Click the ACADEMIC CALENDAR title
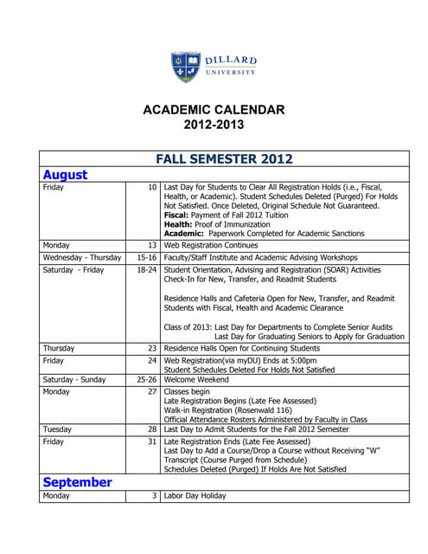click(214, 110)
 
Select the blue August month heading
click(66, 174)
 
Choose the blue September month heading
click(77, 481)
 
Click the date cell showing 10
click(152, 187)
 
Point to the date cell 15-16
click(146, 258)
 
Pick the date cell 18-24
click(146, 270)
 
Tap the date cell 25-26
click(146, 379)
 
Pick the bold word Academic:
click(185, 234)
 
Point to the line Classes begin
click(186, 391)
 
